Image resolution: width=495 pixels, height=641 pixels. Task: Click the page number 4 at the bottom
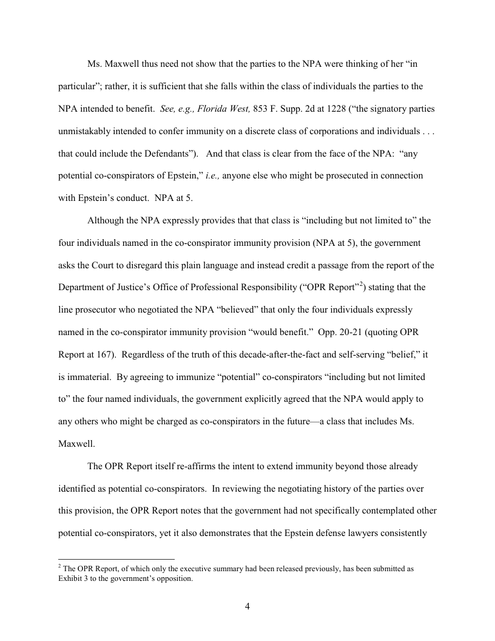(247, 606)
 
